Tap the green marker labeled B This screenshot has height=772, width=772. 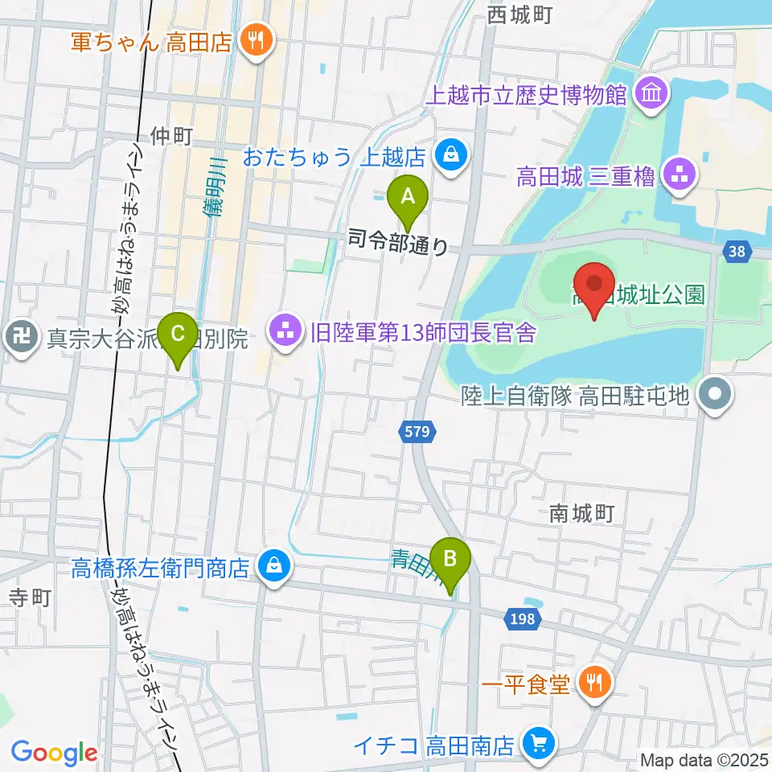(450, 557)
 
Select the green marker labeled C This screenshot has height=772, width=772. (179, 332)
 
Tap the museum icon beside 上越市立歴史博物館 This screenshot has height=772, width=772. (651, 95)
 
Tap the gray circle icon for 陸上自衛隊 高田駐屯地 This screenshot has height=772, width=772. (712, 395)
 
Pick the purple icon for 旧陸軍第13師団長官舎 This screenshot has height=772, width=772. (283, 330)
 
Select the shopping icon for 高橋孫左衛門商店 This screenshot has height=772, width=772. (271, 568)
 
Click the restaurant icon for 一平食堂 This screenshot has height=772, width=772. (596, 684)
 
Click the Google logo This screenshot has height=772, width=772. (54, 752)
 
